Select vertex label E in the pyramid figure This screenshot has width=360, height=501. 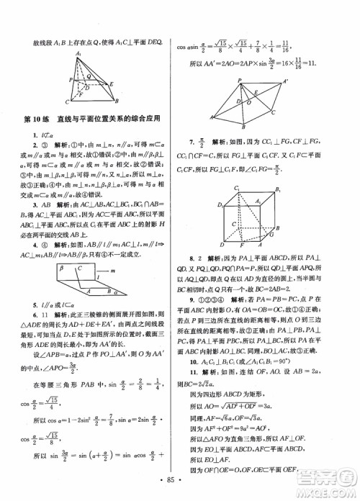click(114, 85)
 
